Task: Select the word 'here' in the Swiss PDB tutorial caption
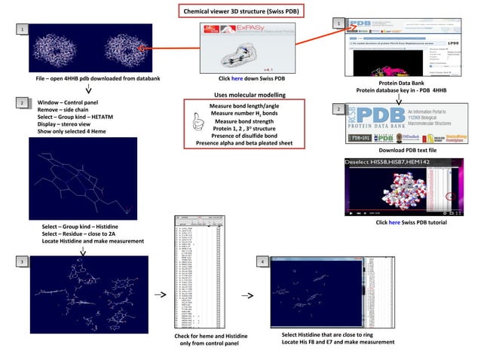click(396, 224)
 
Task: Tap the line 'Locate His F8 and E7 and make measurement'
click(339, 343)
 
